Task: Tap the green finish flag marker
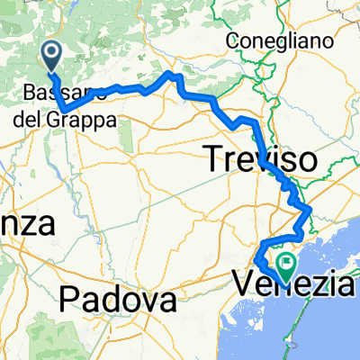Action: coord(288,266)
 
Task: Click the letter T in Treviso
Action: coord(219,160)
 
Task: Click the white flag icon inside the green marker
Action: coord(288,264)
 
